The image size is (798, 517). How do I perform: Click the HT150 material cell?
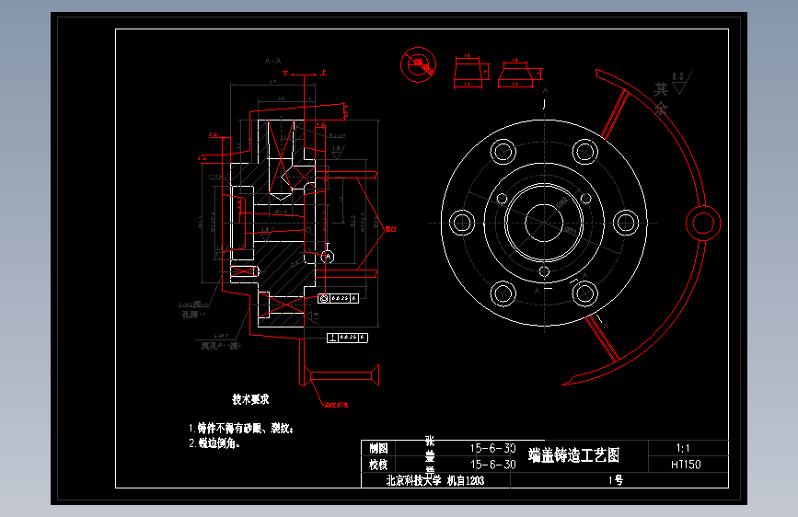(x=687, y=465)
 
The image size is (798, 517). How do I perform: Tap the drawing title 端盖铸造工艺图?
(x=574, y=454)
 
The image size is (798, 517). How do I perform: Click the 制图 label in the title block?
(x=378, y=448)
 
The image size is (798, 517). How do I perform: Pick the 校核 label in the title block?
(x=378, y=465)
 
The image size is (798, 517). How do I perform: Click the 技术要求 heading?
(x=250, y=399)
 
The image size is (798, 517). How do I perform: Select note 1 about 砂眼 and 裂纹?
(x=241, y=428)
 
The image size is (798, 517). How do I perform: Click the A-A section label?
(x=272, y=61)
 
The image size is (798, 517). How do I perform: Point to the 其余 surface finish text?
(x=661, y=98)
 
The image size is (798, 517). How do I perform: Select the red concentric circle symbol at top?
(x=419, y=64)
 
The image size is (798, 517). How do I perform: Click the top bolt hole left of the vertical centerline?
(x=503, y=151)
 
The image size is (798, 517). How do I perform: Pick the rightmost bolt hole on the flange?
(x=627, y=222)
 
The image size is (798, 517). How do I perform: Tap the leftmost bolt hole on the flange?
(x=462, y=222)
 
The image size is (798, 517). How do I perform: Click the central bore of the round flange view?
(x=544, y=222)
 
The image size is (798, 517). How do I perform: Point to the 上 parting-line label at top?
(x=323, y=71)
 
